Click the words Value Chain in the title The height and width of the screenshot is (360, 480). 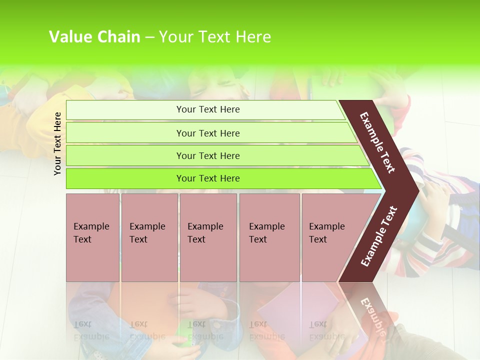click(94, 37)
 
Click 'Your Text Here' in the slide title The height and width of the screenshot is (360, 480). click(215, 37)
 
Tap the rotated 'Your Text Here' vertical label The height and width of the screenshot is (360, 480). click(57, 143)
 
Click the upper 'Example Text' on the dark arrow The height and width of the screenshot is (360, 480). click(377, 142)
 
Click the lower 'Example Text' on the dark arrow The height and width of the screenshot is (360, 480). click(379, 236)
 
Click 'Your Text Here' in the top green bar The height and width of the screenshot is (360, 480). click(208, 109)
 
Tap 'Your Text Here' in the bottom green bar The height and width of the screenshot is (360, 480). click(208, 178)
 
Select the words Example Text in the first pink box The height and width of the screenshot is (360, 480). click(91, 233)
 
